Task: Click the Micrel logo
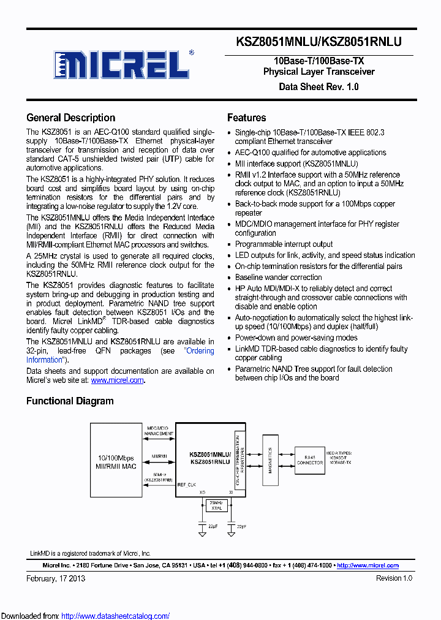[x=123, y=63]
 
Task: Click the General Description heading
[x=70, y=118]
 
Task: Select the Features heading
[x=246, y=118]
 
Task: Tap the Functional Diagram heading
[x=70, y=401]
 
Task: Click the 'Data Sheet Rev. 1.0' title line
[x=318, y=86]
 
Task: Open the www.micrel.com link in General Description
[x=118, y=380]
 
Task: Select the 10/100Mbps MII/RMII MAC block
[x=116, y=463]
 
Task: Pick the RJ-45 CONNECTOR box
[x=309, y=459]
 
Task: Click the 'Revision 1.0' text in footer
[x=394, y=578]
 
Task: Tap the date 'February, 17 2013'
[x=56, y=578]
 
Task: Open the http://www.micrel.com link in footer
[x=367, y=565]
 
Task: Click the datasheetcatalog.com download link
[x=115, y=616]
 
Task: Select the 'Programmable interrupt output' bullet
[x=284, y=244]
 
